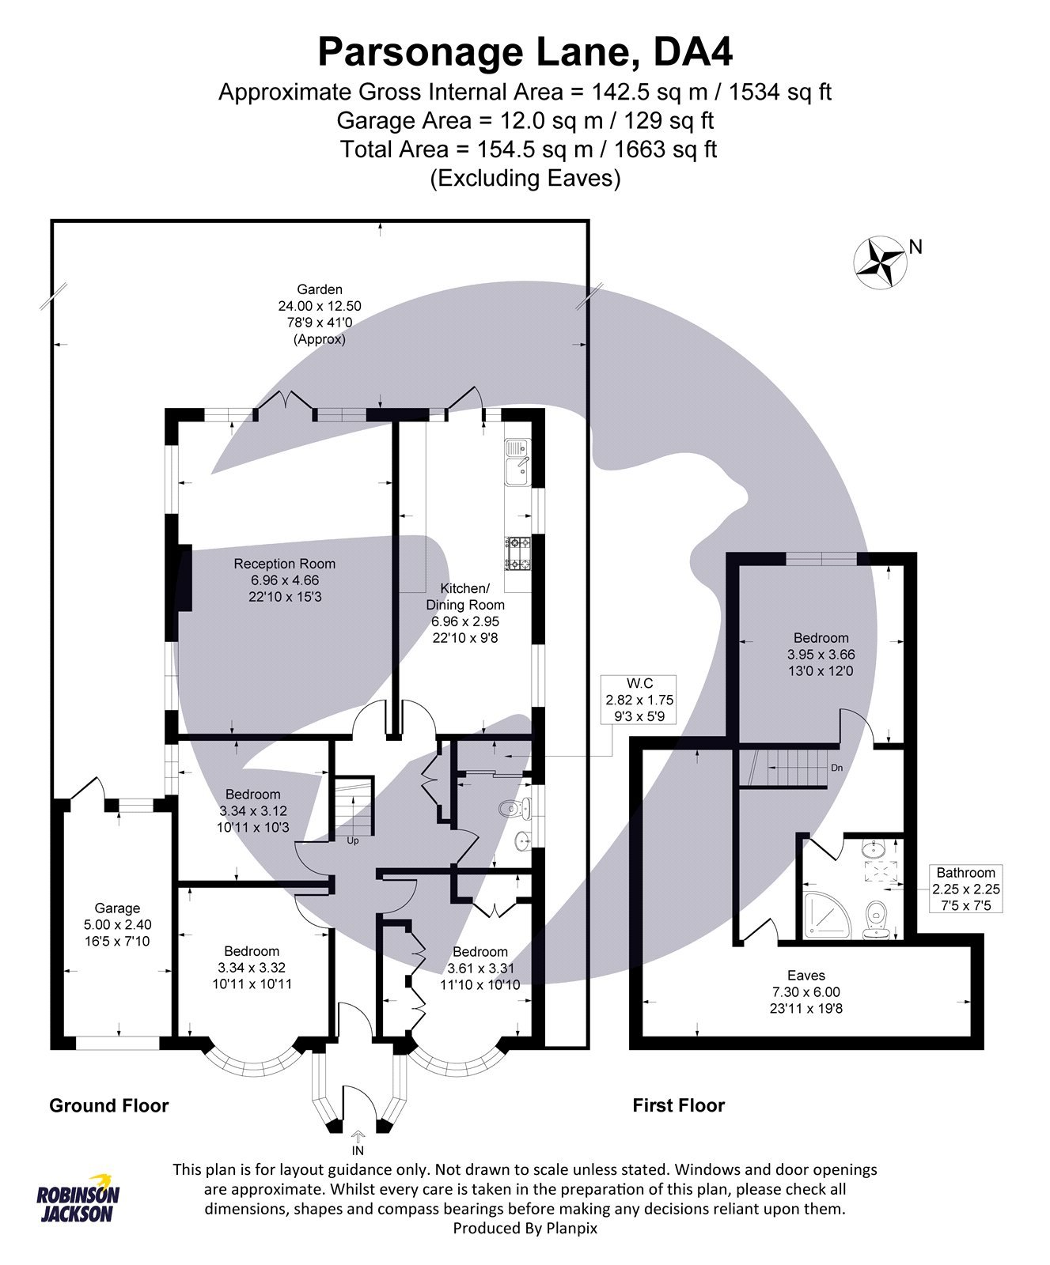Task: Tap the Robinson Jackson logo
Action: (x=78, y=1199)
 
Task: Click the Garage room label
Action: (x=117, y=924)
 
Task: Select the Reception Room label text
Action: (x=284, y=580)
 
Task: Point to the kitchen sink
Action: (x=518, y=461)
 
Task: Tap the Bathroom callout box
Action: (x=965, y=889)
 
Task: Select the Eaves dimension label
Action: (x=806, y=991)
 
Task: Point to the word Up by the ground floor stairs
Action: (x=353, y=840)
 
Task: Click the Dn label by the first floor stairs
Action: (x=836, y=768)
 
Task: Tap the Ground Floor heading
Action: (x=109, y=1105)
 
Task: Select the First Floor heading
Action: (x=678, y=1105)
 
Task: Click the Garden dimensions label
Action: (x=319, y=314)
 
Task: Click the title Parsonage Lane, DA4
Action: (x=525, y=52)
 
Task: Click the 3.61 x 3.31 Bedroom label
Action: (x=480, y=968)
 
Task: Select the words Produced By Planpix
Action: (x=525, y=1228)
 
